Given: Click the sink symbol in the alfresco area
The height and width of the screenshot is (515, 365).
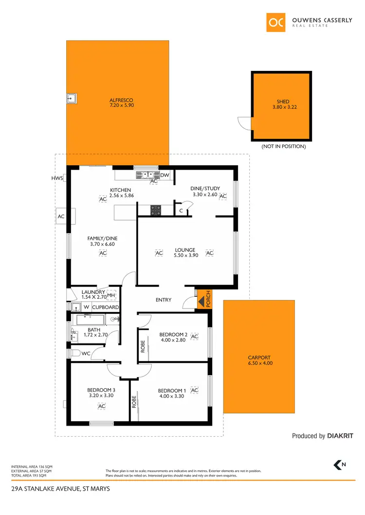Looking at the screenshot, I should click(x=72, y=99).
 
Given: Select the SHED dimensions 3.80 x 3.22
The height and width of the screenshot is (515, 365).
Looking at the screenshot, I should click(x=283, y=107).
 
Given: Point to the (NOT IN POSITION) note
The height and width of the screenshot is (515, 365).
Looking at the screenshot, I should click(x=283, y=146).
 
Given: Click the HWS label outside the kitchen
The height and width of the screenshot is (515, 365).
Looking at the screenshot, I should click(x=57, y=178).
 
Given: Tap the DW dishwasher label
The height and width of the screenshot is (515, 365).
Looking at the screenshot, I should click(x=164, y=175).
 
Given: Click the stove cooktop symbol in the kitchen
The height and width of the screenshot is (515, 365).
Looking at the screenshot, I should click(x=156, y=210).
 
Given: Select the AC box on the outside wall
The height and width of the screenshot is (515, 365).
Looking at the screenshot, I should click(x=61, y=216).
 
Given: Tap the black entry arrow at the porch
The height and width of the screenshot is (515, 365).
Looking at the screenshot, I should click(x=201, y=302).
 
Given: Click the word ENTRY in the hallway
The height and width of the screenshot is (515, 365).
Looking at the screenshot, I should click(x=164, y=300).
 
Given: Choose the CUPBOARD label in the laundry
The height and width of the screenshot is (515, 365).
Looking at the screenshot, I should click(x=106, y=308).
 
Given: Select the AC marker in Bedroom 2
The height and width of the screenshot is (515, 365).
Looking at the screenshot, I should click(x=195, y=336).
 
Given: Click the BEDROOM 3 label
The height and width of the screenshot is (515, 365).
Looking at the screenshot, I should click(x=101, y=390).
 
